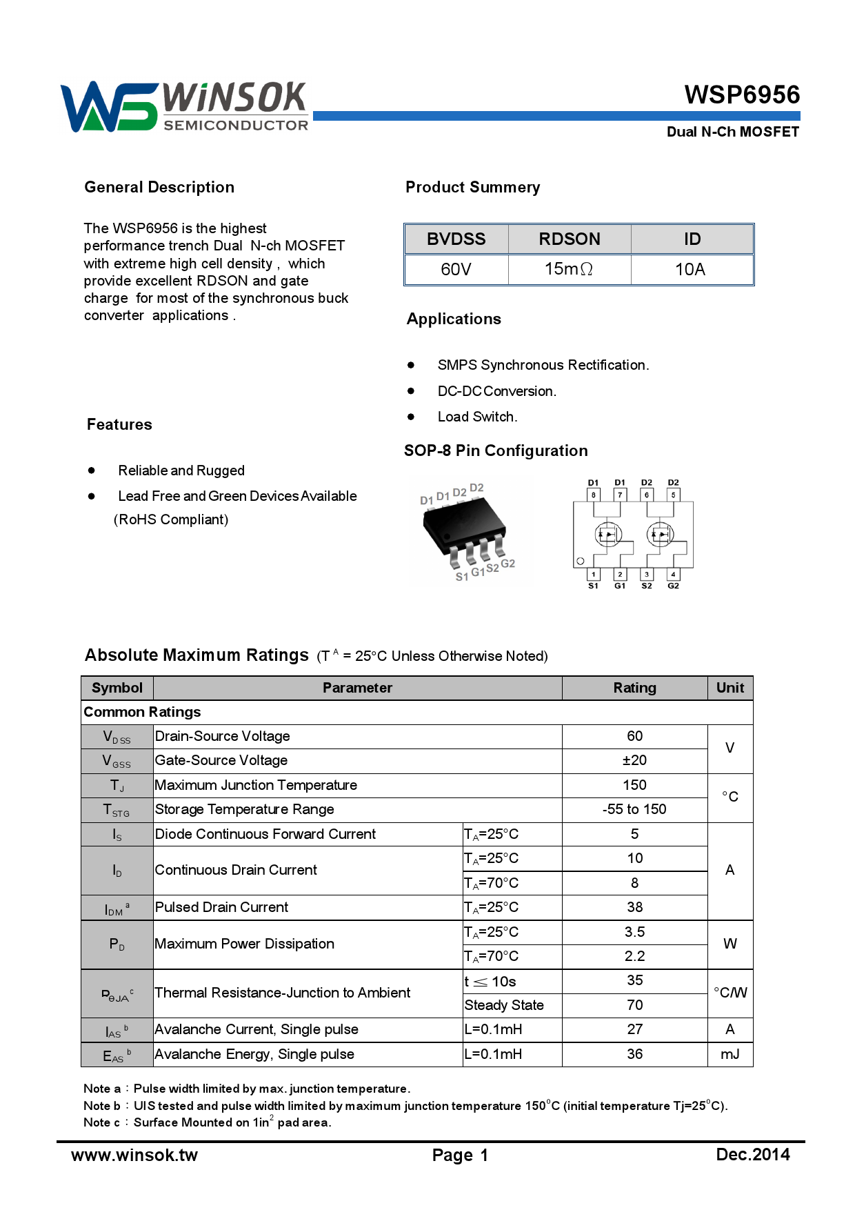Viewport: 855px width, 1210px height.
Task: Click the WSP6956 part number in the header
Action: [742, 95]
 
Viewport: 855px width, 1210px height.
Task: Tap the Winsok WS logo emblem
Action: [109, 107]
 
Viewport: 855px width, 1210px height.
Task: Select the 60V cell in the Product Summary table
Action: [456, 269]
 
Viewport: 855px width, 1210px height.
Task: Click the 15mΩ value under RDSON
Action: [569, 269]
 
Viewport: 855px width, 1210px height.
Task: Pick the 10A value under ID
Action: [690, 269]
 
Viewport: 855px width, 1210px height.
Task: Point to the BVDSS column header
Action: [456, 239]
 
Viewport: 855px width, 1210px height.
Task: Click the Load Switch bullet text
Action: [477, 417]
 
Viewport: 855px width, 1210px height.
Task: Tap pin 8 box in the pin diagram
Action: [593, 495]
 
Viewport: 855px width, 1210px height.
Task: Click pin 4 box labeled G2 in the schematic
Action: [673, 574]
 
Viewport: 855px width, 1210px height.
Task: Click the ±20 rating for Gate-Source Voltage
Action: [634, 760]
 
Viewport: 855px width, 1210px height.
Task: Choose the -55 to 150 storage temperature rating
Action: [634, 809]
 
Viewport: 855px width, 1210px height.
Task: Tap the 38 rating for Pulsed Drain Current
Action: [634, 907]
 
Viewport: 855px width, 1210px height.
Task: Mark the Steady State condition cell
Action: [504, 1005]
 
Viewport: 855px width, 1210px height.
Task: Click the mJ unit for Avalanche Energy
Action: [730, 1054]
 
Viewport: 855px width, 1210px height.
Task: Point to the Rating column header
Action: [634, 688]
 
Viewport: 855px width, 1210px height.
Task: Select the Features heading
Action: [119, 424]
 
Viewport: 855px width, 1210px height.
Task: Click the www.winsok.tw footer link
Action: [134, 1155]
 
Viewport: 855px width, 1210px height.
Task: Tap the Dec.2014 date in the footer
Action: [753, 1154]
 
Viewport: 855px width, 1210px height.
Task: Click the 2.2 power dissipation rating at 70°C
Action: [634, 956]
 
